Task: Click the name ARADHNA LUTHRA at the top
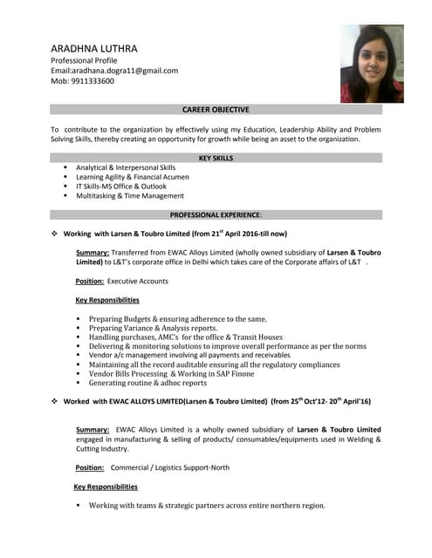[94, 48]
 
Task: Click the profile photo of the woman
[372, 63]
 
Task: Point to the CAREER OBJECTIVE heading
[216, 110]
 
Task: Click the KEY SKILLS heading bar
[216, 158]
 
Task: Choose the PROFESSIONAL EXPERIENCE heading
[216, 214]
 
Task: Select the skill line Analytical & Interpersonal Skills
[126, 167]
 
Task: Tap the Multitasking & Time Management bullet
[130, 196]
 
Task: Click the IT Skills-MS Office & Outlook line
[121, 187]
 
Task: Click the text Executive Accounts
[138, 281]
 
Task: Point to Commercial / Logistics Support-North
[170, 467]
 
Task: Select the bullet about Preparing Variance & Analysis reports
[153, 328]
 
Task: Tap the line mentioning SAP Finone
[172, 373]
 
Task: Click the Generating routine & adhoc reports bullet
[147, 383]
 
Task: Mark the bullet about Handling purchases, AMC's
[186, 337]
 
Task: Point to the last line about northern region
[207, 505]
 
